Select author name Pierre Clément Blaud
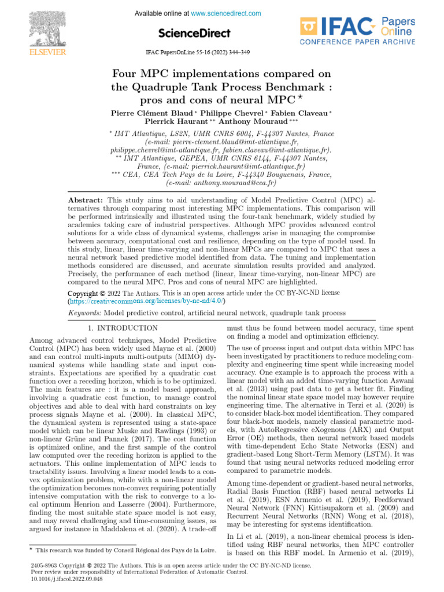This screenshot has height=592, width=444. coord(152,113)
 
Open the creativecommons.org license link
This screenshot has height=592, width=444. coord(146,301)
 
